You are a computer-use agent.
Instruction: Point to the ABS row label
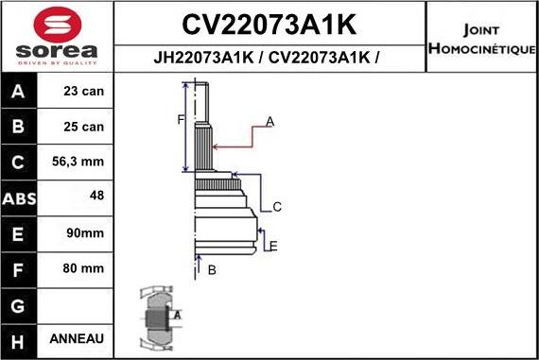(20, 198)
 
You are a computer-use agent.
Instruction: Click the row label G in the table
(20, 304)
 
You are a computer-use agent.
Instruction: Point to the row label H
(20, 338)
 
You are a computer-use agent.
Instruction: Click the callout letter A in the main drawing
(269, 121)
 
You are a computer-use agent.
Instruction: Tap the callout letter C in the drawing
(277, 207)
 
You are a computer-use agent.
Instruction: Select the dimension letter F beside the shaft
(181, 119)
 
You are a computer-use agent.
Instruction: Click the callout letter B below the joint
(212, 270)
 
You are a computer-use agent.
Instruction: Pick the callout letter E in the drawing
(272, 247)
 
